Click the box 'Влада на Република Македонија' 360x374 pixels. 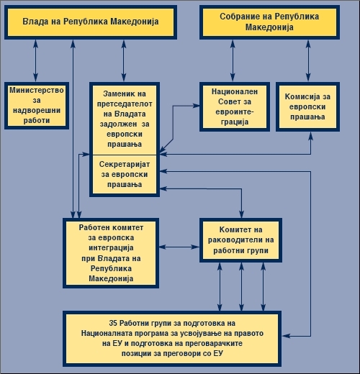[91, 22]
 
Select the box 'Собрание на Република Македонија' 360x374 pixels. [269, 22]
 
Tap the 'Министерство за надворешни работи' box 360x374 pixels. [37, 106]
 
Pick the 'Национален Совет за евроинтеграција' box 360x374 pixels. [235, 106]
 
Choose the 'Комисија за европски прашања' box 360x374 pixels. [307, 106]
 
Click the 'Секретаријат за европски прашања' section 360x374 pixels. [125, 174]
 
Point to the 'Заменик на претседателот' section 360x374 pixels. [125, 119]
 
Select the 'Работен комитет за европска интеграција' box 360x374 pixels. [111, 253]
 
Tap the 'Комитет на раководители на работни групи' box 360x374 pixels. [240, 240]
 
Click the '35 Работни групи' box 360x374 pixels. [172, 339]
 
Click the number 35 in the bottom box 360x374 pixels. [113, 323]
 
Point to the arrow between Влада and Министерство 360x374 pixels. [35, 60]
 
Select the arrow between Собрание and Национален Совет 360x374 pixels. [233, 60]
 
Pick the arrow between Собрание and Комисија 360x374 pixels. [308, 60]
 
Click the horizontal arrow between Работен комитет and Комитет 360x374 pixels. [179, 247]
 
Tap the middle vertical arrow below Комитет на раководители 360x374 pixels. [241, 287]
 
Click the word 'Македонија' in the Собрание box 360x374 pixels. [269, 27]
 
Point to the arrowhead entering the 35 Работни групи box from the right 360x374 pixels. [286, 336]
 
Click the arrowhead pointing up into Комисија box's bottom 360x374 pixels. [310, 136]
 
